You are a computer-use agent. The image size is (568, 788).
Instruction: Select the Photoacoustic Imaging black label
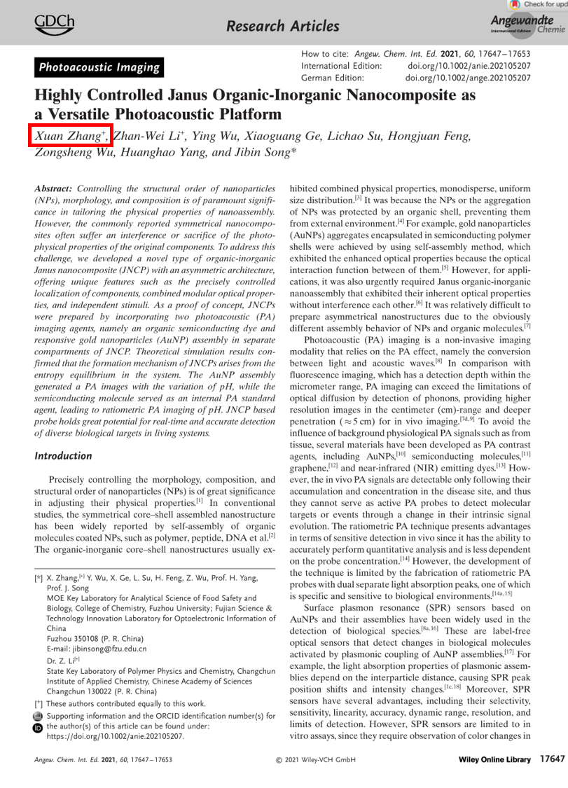[99, 67]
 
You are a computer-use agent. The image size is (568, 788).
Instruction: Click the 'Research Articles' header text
[283, 27]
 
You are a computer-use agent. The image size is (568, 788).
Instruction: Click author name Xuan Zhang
[70, 136]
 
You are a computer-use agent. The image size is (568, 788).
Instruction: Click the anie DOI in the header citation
[468, 66]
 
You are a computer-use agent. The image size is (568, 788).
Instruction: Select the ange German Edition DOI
[468, 78]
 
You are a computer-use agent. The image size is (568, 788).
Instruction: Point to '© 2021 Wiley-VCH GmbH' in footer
[316, 759]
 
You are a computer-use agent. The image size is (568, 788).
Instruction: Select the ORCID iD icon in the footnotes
[38, 727]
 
